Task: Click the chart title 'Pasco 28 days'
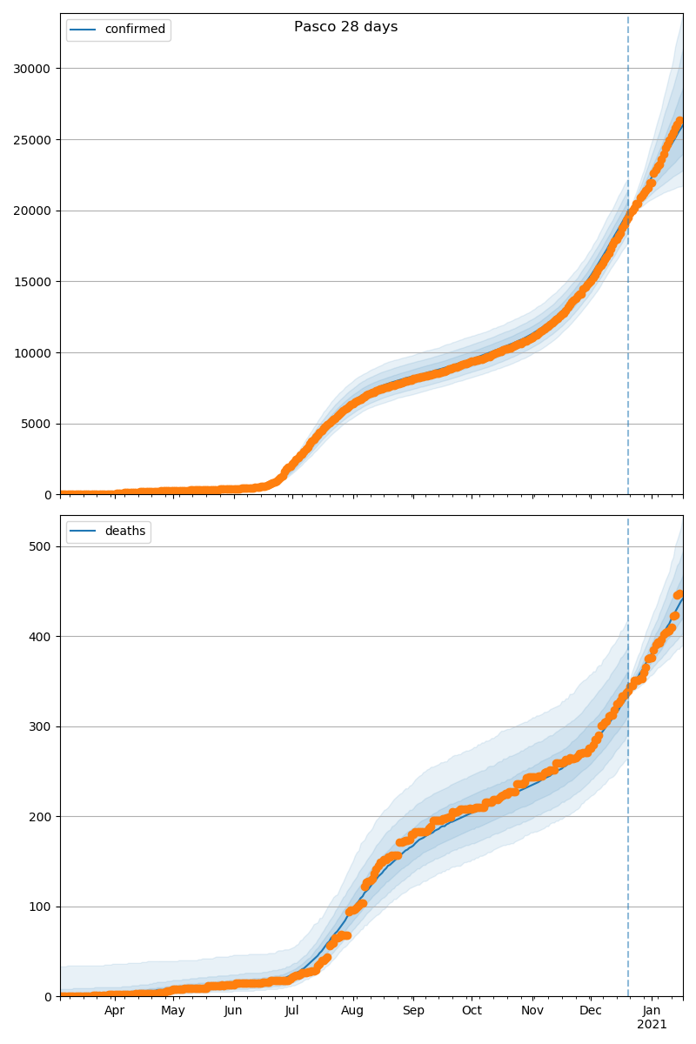coord(345,27)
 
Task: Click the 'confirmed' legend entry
coord(134,30)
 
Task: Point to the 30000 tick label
coord(31,69)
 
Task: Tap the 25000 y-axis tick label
coord(31,140)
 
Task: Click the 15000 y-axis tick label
coord(31,282)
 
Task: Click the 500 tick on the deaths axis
coord(40,546)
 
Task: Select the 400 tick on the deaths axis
coord(40,637)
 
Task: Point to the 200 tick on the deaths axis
coord(40,817)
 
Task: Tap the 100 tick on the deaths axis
coord(40,907)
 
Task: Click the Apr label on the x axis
coord(115,1011)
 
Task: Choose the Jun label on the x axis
coord(232,1011)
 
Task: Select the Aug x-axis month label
coord(352,1011)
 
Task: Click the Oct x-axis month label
coord(471,1011)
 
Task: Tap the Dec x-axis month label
coord(591,1011)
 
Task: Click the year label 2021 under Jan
coord(652,1025)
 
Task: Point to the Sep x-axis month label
coord(413,1011)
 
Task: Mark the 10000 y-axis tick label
coord(31,353)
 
